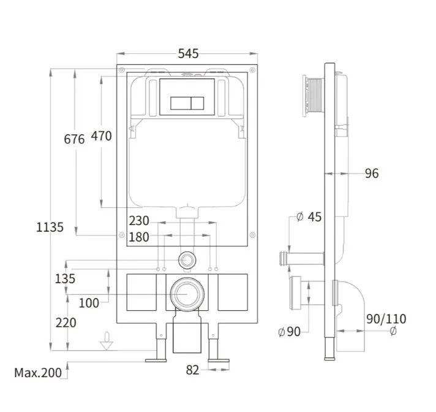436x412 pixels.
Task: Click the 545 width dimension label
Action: [x=188, y=53]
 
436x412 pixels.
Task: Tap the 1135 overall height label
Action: [x=50, y=227]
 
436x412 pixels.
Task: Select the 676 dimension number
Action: [x=74, y=139]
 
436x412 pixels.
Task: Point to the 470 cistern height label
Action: [x=101, y=136]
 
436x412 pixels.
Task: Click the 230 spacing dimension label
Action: [x=139, y=221]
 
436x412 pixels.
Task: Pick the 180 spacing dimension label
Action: [x=139, y=237]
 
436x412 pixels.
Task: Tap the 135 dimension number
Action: [x=65, y=279]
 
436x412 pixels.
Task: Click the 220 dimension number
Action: [x=66, y=322]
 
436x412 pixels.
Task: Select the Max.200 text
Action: [x=38, y=373]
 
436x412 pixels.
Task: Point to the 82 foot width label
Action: [x=192, y=370]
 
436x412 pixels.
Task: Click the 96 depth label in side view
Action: [x=372, y=173]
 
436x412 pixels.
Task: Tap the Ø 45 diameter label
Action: [x=309, y=216]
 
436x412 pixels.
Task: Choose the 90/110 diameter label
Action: [x=386, y=319]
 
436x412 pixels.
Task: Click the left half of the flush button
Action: [x=181, y=103]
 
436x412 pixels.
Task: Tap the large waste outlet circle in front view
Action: [x=187, y=294]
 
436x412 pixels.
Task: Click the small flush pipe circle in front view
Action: [x=187, y=261]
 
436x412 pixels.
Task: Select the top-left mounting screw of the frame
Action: [x=122, y=70]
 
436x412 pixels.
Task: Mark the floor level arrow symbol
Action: [x=107, y=341]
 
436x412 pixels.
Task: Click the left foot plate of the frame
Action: [x=156, y=360]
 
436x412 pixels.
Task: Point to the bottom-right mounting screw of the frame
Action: [x=252, y=235]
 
